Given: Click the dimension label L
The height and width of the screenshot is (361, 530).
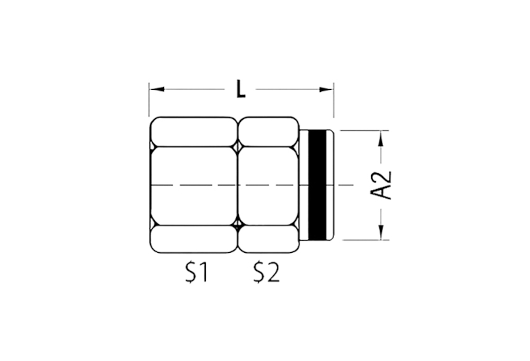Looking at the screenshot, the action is pyautogui.click(x=241, y=89).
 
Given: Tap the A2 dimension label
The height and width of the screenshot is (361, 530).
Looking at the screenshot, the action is pyautogui.click(x=381, y=185).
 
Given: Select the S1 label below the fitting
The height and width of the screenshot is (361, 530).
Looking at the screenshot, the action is pyautogui.click(x=196, y=272).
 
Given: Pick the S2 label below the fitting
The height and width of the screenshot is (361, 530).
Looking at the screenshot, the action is pyautogui.click(x=267, y=272).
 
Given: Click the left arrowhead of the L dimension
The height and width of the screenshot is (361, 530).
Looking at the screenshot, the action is pyautogui.click(x=157, y=89).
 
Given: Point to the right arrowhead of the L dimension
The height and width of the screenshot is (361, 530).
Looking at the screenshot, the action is pyautogui.click(x=326, y=89).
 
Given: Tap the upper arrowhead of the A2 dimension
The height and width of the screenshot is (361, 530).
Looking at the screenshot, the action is pyautogui.click(x=382, y=138).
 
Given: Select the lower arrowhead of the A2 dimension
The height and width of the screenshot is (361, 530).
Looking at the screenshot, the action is pyautogui.click(x=382, y=232).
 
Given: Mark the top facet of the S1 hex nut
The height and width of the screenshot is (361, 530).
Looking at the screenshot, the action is pyautogui.click(x=194, y=132).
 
